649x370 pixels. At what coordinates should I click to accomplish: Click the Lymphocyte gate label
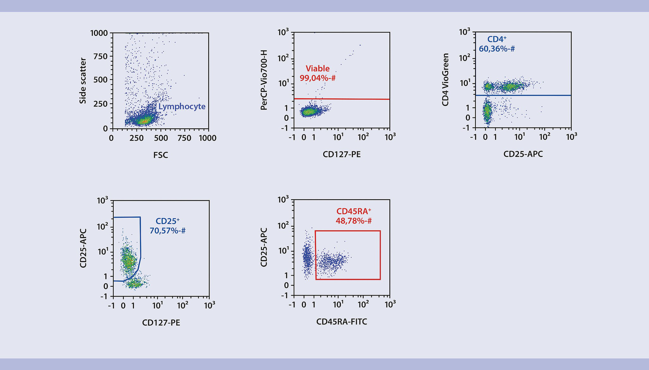[182, 107]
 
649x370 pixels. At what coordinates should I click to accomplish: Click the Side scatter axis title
[83, 81]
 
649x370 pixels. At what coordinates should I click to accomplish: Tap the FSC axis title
[160, 155]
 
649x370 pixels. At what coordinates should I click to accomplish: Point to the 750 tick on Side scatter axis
[100, 56]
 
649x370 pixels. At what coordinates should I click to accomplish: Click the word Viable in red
[317, 69]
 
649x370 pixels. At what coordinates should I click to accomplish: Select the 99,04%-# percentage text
[317, 78]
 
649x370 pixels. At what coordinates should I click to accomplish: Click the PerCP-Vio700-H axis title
[264, 80]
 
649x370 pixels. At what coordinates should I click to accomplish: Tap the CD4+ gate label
[497, 39]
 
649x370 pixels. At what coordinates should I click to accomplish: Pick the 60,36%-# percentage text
[497, 49]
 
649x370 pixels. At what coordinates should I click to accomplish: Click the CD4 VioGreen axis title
[445, 79]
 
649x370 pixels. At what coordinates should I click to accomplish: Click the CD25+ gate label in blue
[167, 221]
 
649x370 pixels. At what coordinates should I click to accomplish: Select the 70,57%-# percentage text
[167, 231]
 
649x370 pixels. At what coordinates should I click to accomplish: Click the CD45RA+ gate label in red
[353, 211]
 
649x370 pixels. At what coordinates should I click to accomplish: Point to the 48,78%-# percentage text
[353, 221]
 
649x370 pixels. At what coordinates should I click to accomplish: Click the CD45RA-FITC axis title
[342, 322]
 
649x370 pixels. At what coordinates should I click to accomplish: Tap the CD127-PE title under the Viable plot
[342, 155]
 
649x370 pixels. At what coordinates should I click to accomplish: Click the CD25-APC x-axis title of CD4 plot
[523, 154]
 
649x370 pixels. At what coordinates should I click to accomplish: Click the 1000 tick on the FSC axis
[207, 138]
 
